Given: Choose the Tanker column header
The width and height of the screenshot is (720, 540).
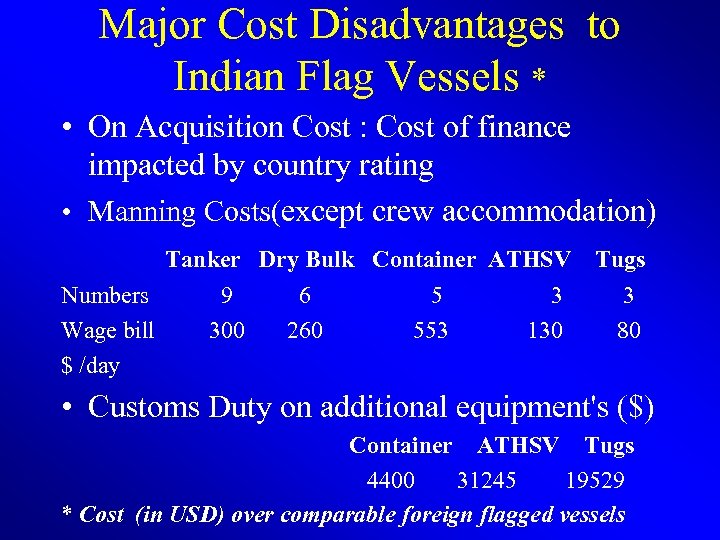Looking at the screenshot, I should point(203,260).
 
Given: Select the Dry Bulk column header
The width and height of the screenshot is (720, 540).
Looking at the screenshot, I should point(306,260).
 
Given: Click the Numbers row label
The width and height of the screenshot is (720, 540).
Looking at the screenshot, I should point(105,295).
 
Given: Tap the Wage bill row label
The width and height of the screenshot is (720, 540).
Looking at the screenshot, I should point(108,330).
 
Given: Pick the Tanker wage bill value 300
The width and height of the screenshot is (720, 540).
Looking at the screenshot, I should point(227,330).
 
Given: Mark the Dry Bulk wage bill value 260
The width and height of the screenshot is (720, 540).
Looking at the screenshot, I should point(304,330).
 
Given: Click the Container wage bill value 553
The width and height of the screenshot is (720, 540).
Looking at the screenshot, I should point(431,330).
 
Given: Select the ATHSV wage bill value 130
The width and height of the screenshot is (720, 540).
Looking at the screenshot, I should point(545,330).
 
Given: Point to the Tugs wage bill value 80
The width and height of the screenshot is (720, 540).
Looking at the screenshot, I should point(629,330).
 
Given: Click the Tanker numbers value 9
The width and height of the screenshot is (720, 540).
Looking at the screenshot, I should point(228,295).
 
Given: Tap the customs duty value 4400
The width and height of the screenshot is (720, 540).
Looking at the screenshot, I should point(391,481).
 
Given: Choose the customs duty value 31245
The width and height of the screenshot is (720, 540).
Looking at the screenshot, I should point(487,481).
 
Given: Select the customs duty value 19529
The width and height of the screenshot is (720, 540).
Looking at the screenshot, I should point(595,481).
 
